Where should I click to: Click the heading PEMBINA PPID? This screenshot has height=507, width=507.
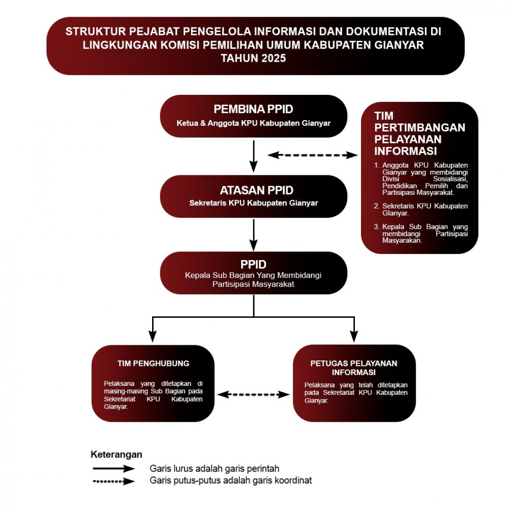253,110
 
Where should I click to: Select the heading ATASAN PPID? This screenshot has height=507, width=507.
257,190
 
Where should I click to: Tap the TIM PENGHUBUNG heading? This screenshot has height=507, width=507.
153,364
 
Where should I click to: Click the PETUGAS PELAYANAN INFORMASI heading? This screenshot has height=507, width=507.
354,368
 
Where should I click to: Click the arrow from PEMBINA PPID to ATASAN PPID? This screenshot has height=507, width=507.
253,156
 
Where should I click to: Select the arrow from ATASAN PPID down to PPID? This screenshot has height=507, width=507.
253,235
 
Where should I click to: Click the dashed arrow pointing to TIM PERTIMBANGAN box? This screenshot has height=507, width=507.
312,155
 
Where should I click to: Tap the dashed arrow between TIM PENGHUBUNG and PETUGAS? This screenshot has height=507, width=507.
253,394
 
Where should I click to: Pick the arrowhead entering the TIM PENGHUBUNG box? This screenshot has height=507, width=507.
152,337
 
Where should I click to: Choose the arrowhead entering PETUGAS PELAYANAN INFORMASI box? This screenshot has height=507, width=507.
354,337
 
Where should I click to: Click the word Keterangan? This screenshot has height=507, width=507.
117,454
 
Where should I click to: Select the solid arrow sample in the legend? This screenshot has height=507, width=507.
114,468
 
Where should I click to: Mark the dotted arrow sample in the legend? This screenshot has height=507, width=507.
114,482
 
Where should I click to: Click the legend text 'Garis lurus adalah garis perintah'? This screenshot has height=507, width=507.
214,468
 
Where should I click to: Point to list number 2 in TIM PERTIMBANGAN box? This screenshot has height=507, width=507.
376,206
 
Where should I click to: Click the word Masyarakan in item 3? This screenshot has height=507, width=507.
402,240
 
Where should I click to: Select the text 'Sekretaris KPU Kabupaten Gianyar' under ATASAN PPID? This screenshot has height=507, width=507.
253,203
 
